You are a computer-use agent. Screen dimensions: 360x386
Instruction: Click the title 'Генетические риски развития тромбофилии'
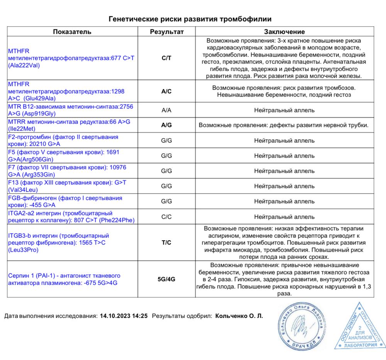(190, 19)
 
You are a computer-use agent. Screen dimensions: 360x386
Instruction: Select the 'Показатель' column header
(72, 32)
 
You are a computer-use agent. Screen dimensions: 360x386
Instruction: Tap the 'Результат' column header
(166, 32)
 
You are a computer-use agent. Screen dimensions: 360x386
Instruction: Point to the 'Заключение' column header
(284, 32)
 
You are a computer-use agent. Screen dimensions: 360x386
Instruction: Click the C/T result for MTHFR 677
(166, 58)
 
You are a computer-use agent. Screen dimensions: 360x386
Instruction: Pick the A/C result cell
(166, 92)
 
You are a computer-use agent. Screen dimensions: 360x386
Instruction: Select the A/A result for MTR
(166, 110)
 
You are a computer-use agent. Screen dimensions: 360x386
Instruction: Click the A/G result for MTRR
(166, 125)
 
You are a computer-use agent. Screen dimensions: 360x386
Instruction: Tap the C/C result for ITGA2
(166, 217)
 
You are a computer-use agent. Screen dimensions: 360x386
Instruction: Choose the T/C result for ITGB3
(166, 243)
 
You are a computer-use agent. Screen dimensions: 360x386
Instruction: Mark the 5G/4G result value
(166, 279)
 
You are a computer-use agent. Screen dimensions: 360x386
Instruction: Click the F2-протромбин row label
(63, 140)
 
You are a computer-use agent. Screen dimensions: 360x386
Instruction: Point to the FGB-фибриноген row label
(65, 201)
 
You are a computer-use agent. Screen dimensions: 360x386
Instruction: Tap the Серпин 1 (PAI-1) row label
(64, 279)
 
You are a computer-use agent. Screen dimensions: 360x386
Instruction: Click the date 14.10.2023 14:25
(124, 316)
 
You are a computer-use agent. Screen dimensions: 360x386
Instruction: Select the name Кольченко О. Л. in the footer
(239, 316)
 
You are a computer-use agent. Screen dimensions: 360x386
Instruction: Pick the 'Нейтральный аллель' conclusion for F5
(284, 156)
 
